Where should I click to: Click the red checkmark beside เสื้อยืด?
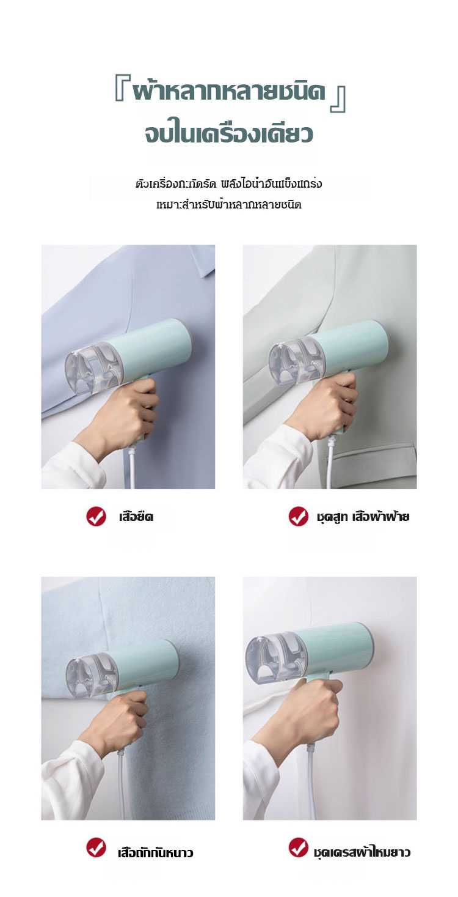(x=96, y=516)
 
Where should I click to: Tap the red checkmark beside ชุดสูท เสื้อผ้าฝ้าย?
(x=298, y=516)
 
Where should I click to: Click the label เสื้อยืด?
(x=136, y=517)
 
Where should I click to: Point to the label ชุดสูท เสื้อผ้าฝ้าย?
(x=363, y=517)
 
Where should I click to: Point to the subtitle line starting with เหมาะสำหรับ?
(x=229, y=205)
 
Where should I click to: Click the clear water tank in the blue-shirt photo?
(x=93, y=367)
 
